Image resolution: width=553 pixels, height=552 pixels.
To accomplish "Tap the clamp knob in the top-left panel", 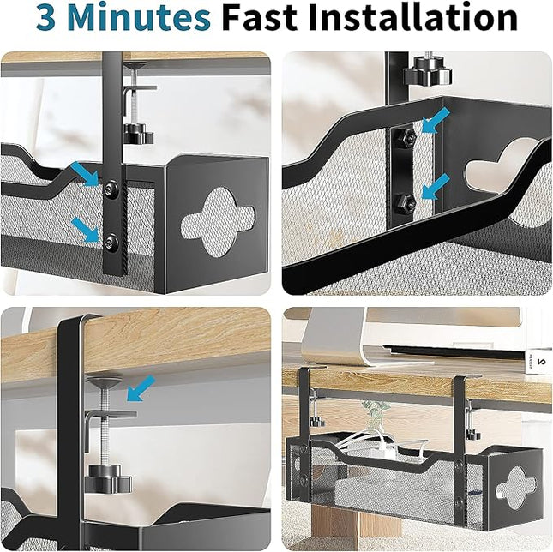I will (137, 133).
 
